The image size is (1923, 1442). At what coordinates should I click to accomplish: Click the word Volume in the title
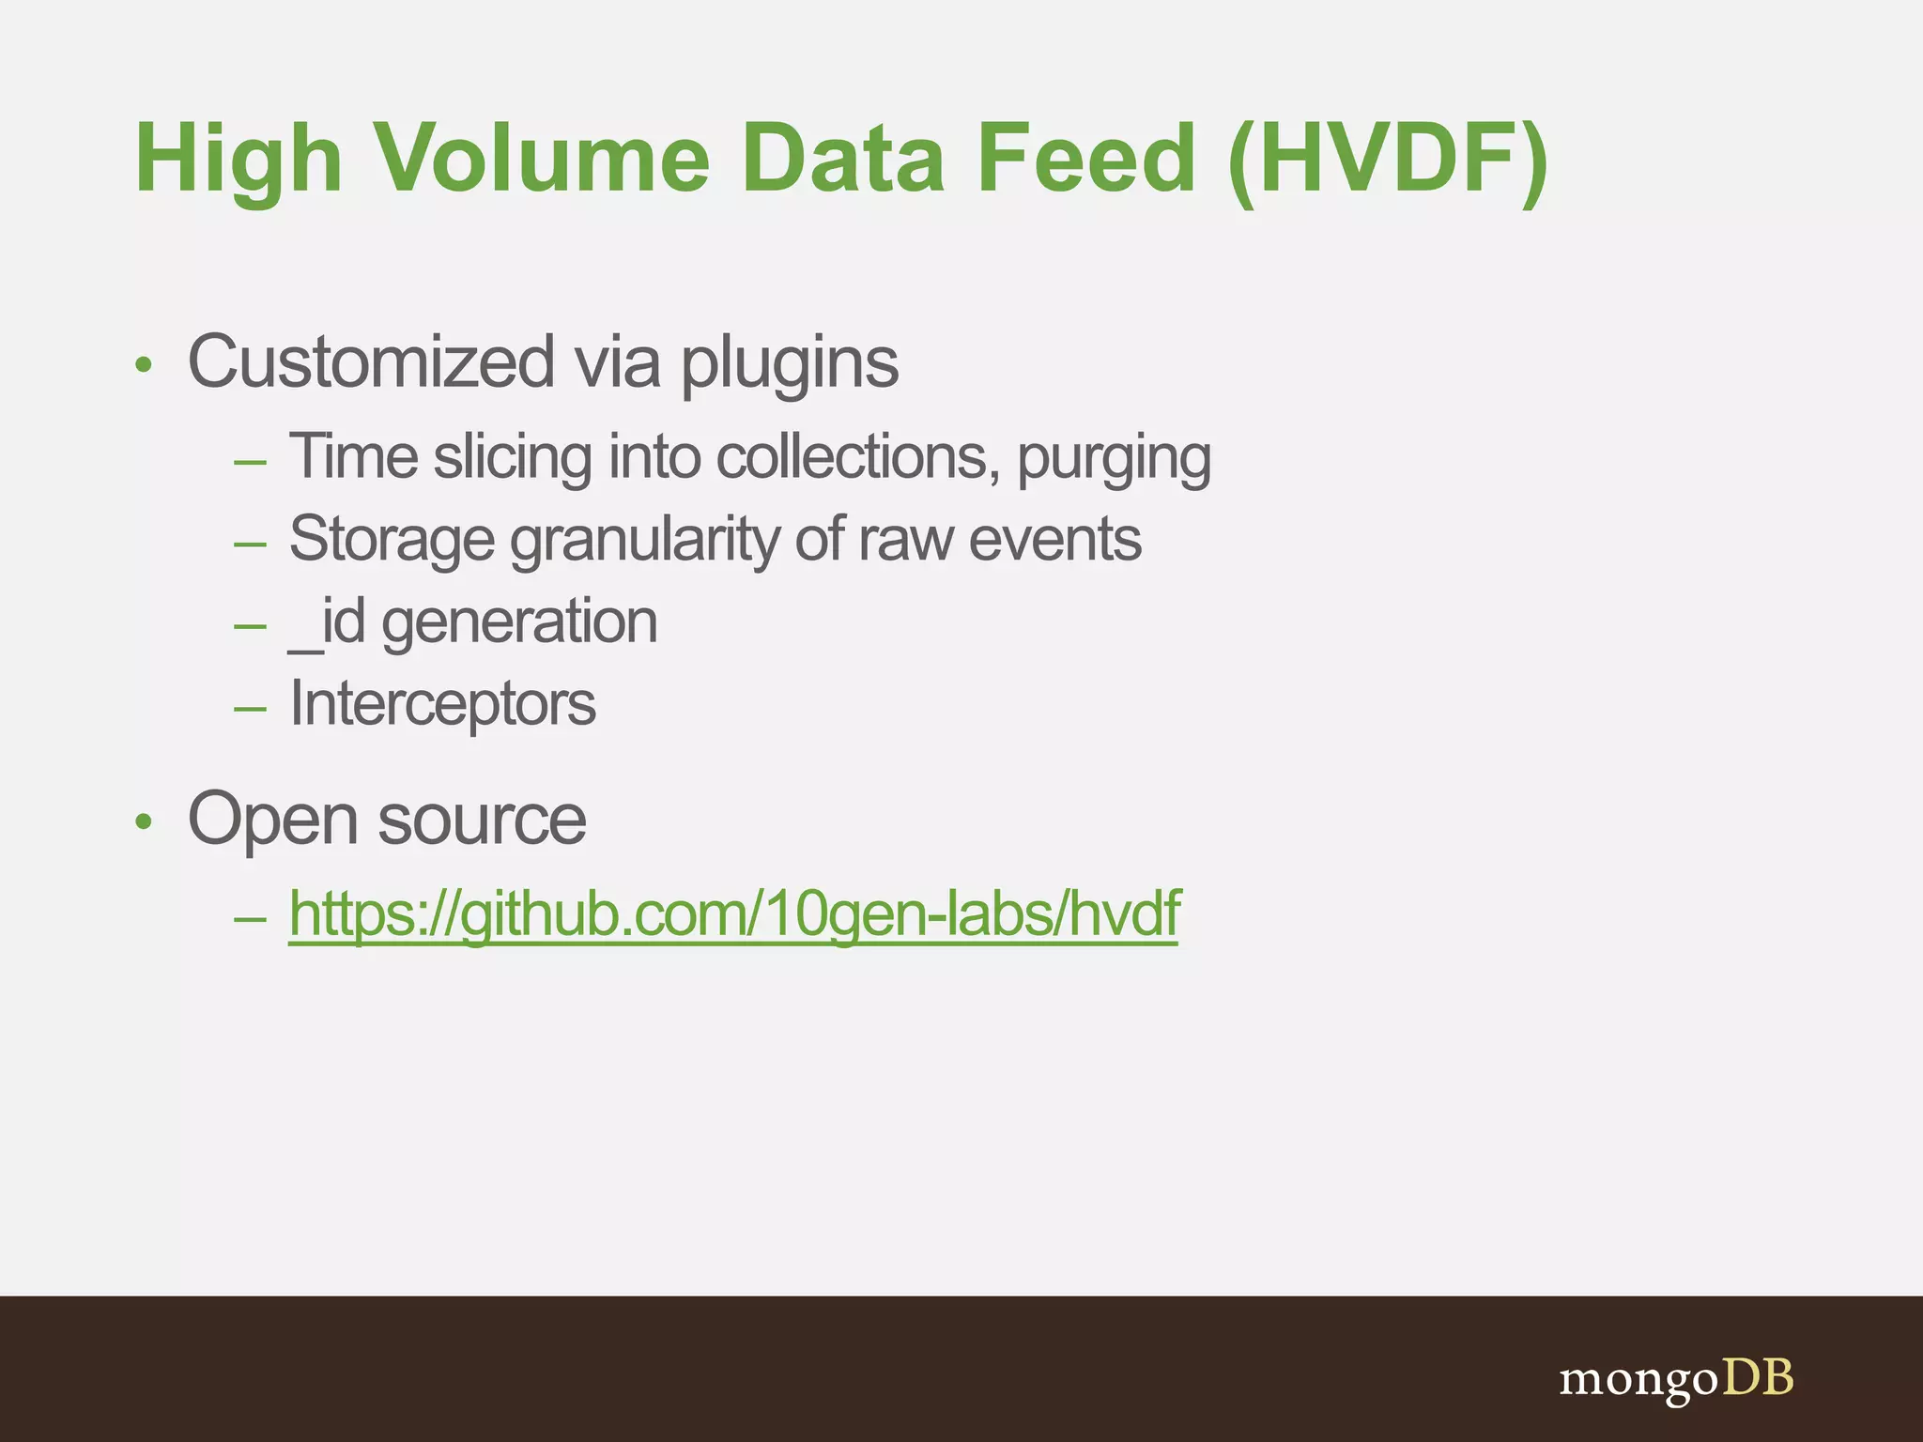pos(542,159)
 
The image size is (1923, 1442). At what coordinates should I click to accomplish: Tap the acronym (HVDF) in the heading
pos(1388,159)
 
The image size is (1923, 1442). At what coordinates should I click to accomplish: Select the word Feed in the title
pos(1085,159)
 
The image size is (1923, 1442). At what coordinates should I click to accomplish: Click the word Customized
pos(371,361)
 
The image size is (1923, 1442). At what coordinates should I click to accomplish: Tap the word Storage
pos(392,541)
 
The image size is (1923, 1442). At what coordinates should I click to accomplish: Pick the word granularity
pos(644,541)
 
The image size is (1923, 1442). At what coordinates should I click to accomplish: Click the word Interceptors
pos(442,704)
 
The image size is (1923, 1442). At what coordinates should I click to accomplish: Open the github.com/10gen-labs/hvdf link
pos(733,913)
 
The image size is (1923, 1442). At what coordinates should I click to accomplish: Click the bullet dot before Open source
pos(143,822)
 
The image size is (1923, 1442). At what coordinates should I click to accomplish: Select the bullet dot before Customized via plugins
pos(143,365)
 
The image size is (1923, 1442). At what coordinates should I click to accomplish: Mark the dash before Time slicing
pos(250,462)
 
